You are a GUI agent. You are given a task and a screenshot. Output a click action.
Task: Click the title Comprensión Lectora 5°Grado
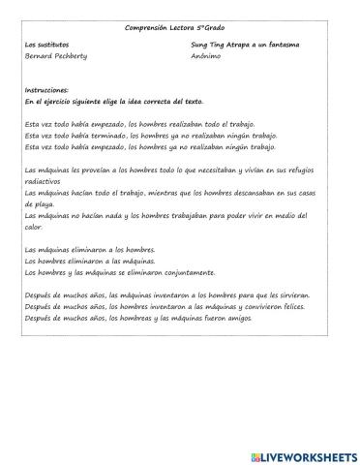pyautogui.click(x=179, y=28)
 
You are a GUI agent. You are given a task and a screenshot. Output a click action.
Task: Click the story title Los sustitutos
pyautogui.click(x=45, y=45)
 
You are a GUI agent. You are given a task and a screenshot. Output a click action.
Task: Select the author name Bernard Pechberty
pyautogui.click(x=55, y=56)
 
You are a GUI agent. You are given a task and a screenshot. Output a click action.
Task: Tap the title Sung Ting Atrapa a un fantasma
pyautogui.click(x=245, y=45)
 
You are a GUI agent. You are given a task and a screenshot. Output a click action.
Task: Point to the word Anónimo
pyautogui.click(x=207, y=56)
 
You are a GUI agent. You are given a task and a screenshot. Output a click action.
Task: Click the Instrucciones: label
pyautogui.click(x=47, y=89)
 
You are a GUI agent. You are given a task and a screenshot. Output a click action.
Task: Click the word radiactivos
pyautogui.click(x=42, y=181)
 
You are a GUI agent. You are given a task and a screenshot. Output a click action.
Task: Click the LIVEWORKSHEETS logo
pyautogui.click(x=303, y=454)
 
